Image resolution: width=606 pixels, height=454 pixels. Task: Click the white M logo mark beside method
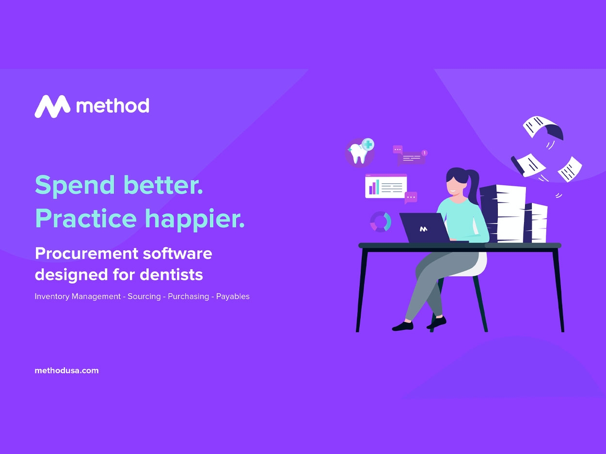coord(52,106)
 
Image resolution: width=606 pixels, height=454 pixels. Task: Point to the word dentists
coord(172,275)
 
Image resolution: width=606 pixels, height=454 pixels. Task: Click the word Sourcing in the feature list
coord(144,296)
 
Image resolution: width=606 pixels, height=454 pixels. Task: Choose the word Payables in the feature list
coord(233,296)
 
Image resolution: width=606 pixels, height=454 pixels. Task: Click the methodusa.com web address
coord(66,371)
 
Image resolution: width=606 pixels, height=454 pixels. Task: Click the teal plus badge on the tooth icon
coord(368,145)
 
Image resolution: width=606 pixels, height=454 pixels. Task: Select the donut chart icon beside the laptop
coord(381,222)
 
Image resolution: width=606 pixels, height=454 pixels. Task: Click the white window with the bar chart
coord(386,186)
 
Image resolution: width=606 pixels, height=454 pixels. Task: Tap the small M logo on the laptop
coord(424,229)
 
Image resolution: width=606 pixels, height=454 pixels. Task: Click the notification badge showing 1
coord(424,153)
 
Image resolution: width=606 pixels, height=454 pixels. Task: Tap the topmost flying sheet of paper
coord(543,128)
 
